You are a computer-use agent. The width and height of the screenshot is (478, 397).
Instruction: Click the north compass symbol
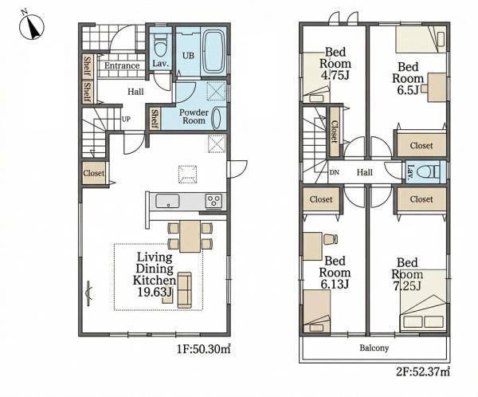click(32, 26)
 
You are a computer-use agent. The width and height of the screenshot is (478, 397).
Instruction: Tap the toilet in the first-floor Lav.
click(160, 45)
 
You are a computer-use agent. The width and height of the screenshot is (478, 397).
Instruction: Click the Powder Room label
click(194, 116)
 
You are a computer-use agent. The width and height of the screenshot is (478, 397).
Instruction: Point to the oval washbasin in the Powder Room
click(217, 117)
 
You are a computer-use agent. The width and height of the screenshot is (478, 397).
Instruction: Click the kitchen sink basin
click(167, 201)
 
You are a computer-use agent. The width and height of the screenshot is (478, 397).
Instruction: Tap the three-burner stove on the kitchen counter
click(214, 201)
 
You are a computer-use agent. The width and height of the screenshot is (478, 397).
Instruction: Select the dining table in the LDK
click(190, 236)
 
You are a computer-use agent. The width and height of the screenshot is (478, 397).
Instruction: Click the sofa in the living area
click(185, 290)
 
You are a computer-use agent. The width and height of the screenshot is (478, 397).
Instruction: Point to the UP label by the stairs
click(126, 119)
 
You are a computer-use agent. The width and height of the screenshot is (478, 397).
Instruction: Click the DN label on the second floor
click(334, 172)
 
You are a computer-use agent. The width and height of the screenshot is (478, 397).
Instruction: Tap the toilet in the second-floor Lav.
click(429, 172)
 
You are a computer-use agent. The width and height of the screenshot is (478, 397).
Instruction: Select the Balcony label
click(374, 348)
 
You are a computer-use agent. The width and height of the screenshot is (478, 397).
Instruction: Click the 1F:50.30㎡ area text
click(204, 349)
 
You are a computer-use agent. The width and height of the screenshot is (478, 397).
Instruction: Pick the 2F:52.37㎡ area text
click(423, 372)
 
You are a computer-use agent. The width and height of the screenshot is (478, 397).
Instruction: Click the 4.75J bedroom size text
click(335, 75)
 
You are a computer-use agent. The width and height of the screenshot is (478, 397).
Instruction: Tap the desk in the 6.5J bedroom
click(437, 87)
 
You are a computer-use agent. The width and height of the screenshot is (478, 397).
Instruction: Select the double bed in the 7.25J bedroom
click(424, 301)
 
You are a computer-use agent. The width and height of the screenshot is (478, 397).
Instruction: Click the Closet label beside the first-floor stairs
click(93, 173)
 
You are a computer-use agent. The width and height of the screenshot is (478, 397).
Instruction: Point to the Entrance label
click(122, 65)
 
